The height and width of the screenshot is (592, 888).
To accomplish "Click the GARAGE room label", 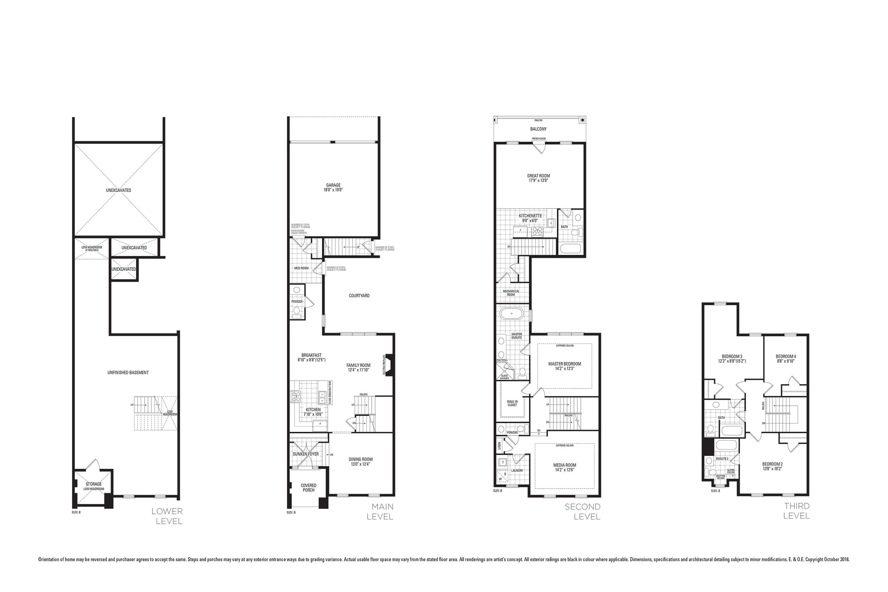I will (333, 185).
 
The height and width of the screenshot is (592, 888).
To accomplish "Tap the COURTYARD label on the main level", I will (359, 296).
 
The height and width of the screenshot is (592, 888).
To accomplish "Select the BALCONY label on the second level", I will (538, 129).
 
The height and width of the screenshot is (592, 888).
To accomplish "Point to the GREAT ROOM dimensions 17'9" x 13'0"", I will (538, 180).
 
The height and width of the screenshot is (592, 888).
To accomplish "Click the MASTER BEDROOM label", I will (565, 364).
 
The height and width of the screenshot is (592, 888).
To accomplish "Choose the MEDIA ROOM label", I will (565, 465).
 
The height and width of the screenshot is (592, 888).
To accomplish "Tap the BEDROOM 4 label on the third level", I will (786, 356).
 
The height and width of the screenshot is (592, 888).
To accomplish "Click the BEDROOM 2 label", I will (772, 464).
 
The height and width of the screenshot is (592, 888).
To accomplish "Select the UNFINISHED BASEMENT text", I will (128, 373).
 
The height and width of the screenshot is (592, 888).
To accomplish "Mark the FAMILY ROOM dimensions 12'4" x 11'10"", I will (358, 370).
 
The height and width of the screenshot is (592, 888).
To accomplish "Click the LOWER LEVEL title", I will (167, 516).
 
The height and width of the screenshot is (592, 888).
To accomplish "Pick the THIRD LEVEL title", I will (796, 511).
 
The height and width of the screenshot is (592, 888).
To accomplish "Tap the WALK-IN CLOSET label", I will (512, 403).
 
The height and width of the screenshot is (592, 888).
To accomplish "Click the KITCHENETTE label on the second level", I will (530, 216).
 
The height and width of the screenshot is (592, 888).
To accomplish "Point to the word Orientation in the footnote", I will (50, 560).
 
